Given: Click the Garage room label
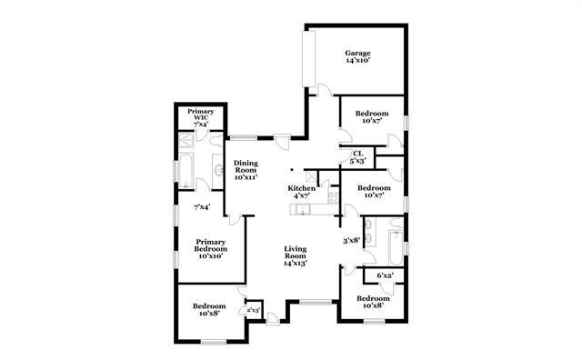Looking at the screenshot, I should pyautogui.click(x=356, y=54).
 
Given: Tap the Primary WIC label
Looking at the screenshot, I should pyautogui.click(x=200, y=115).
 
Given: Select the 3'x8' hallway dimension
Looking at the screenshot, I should pyautogui.click(x=352, y=241).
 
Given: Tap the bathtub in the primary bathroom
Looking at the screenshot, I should pyautogui.click(x=185, y=170).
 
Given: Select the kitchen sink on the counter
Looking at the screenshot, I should pyautogui.click(x=303, y=211).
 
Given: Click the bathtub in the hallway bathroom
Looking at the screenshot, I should pyautogui.click(x=394, y=244).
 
